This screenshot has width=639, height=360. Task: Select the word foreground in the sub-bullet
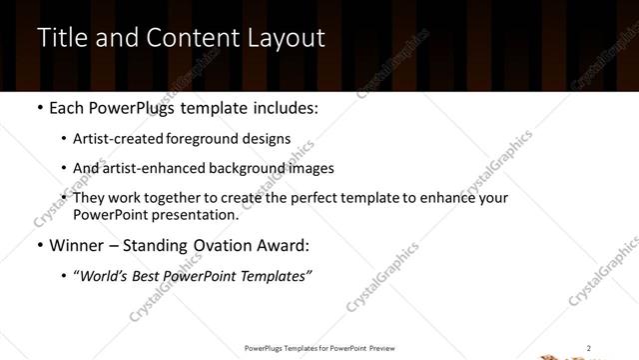tap(204, 139)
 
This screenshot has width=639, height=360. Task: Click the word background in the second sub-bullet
tap(238, 168)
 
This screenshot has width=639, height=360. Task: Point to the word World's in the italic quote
tap(104, 276)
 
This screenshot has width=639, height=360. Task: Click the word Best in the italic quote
tap(151, 276)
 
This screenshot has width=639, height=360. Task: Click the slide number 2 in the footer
tap(589, 348)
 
